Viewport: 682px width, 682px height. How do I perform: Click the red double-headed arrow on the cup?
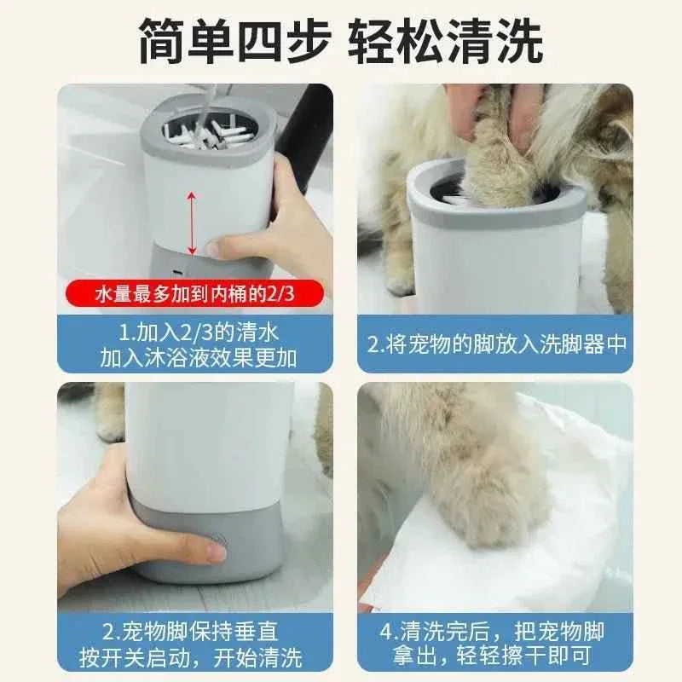[x=193, y=223]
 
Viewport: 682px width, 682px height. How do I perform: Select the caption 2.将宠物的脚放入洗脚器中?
[x=497, y=344]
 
